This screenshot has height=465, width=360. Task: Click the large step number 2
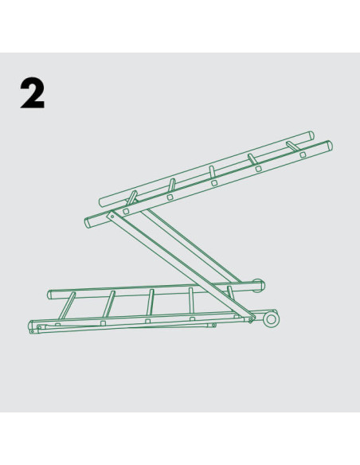click(x=33, y=93)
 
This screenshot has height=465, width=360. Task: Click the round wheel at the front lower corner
click(x=271, y=320)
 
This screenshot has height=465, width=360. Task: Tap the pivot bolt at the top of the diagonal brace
click(x=112, y=216)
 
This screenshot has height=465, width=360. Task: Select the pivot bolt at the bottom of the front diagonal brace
click(x=250, y=319)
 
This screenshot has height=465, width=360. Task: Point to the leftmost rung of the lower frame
click(x=66, y=306)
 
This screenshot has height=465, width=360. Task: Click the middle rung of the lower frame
click(x=150, y=303)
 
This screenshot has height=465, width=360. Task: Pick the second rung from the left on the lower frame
click(x=108, y=304)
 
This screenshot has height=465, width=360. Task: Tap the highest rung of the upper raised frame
click(x=293, y=147)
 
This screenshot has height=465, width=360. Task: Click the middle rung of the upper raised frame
click(x=212, y=172)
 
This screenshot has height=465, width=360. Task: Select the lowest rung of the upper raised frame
click(x=132, y=197)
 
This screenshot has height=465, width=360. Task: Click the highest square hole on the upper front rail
click(x=303, y=154)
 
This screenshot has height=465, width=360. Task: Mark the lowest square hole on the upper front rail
click(x=126, y=212)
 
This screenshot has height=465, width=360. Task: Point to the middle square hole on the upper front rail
click(x=214, y=183)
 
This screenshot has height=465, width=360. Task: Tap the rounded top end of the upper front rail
click(x=329, y=145)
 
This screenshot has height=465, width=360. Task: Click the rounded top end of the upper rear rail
click(x=311, y=136)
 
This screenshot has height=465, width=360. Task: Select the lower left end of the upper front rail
click(x=88, y=223)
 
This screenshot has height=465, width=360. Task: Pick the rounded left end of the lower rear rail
click(x=50, y=295)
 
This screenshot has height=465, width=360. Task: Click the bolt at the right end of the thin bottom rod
click(x=213, y=326)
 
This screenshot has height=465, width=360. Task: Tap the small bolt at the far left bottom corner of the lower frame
click(x=32, y=332)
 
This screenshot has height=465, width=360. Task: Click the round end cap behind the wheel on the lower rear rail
click(x=259, y=285)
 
